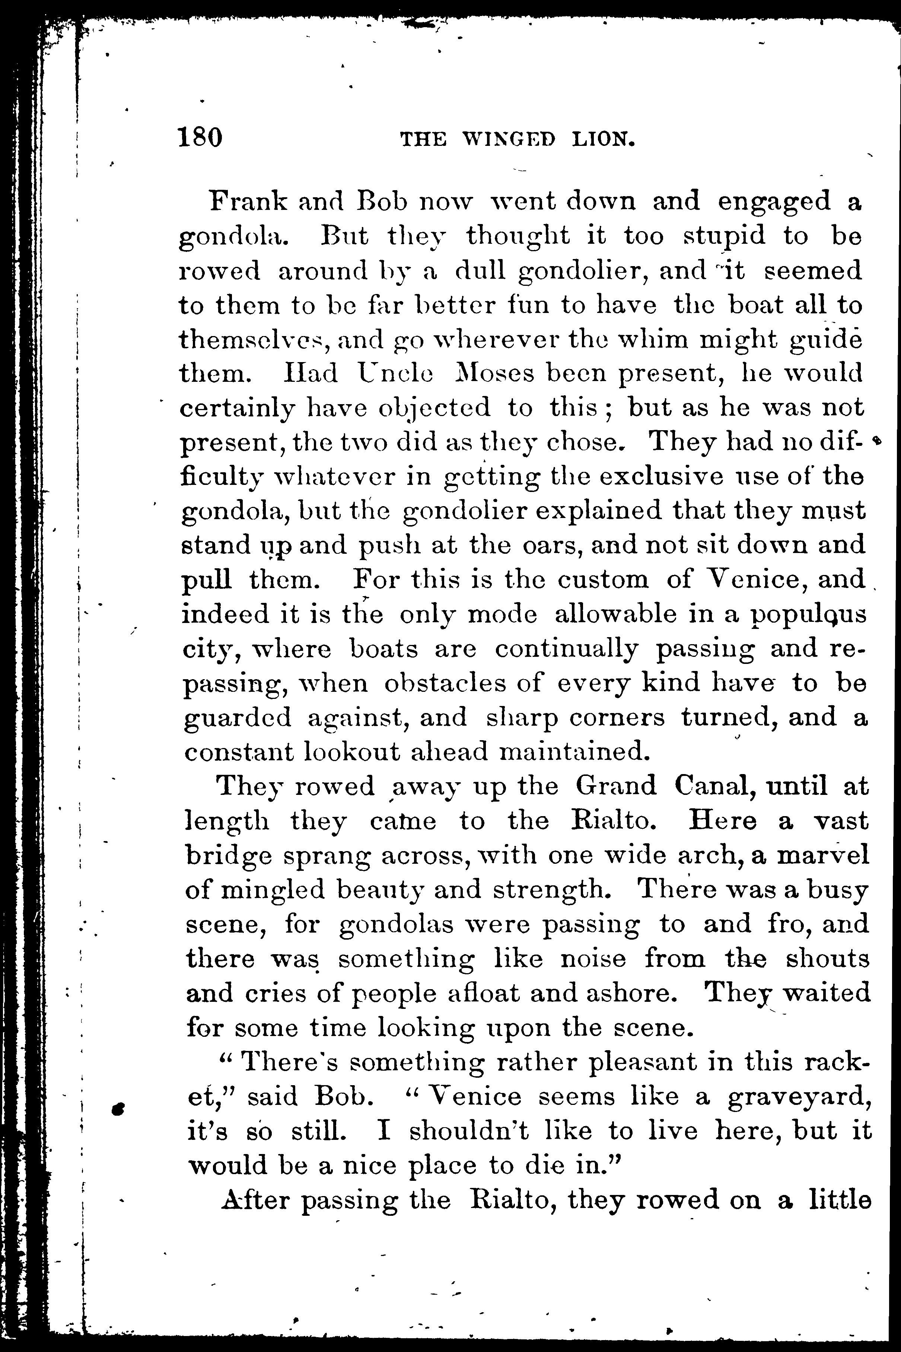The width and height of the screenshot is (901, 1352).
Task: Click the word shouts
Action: (x=828, y=959)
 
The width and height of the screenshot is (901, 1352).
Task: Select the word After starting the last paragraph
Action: (x=255, y=1201)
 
